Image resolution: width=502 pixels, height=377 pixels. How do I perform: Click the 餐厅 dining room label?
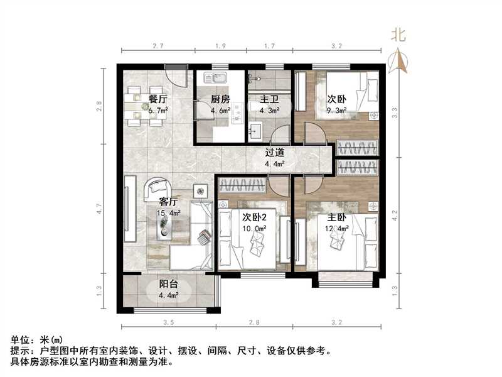158,99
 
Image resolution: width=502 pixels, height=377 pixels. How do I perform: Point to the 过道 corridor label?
275,152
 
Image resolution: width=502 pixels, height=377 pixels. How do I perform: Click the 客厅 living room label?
169,202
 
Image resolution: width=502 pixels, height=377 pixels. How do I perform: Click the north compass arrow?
398,60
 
